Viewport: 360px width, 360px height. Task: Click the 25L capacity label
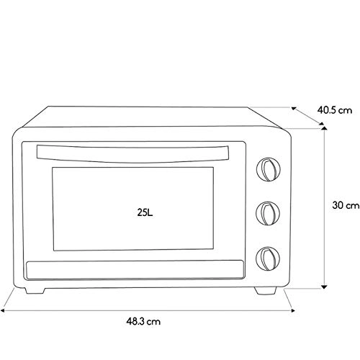click(x=145, y=212)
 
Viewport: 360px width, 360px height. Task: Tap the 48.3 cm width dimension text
click(x=143, y=321)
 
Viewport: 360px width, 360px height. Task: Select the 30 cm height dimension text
click(x=346, y=205)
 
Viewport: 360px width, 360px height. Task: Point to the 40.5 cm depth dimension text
click(x=335, y=110)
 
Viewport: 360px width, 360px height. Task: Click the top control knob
click(x=269, y=169)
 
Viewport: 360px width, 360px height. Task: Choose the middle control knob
click(x=268, y=213)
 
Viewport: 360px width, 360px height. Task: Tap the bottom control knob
click(x=268, y=258)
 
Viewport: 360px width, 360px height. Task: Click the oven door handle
click(x=132, y=153)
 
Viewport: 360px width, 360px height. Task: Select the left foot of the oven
click(x=35, y=290)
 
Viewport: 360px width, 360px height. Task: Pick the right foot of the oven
click(x=266, y=291)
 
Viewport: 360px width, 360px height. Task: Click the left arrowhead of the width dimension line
click(x=3, y=310)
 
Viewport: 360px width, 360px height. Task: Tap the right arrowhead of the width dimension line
click(x=292, y=310)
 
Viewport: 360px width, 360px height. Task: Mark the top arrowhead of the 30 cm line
click(x=324, y=128)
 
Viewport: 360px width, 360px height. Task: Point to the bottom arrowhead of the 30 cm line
click(x=324, y=287)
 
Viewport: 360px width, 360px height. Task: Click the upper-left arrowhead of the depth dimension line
click(x=294, y=109)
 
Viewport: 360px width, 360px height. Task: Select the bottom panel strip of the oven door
click(x=135, y=270)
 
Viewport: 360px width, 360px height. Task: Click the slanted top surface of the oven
click(x=149, y=117)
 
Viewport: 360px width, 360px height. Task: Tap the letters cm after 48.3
click(x=153, y=322)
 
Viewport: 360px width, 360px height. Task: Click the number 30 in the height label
click(x=338, y=205)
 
